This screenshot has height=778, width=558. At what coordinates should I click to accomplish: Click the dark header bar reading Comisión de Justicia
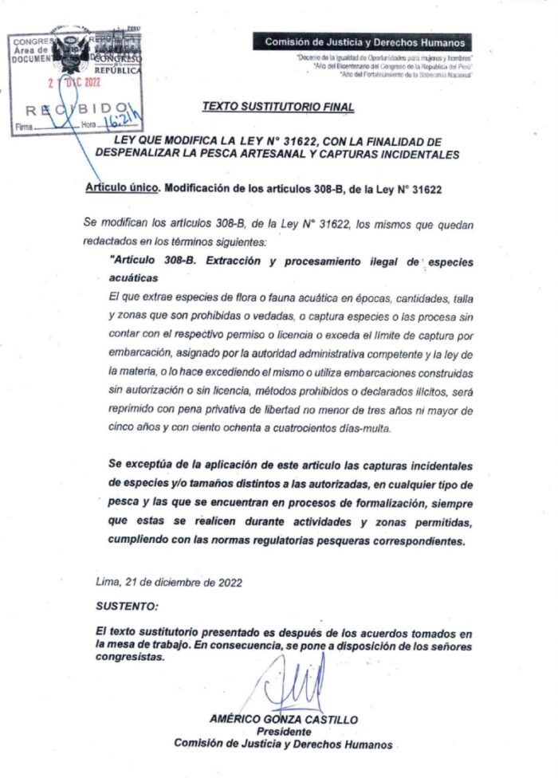[363, 43]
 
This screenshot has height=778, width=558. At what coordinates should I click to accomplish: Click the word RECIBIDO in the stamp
[76, 108]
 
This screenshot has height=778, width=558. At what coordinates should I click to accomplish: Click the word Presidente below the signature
[284, 731]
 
